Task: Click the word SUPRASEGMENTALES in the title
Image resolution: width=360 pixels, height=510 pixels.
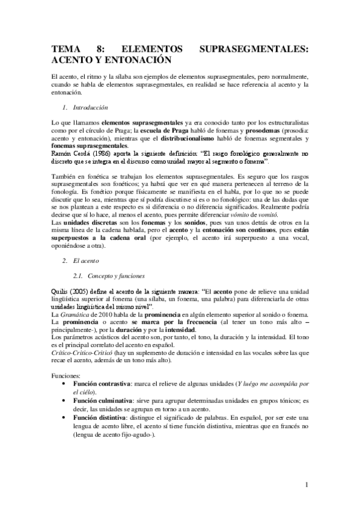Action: tap(254, 50)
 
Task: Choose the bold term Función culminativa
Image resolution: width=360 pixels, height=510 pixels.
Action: tap(103, 400)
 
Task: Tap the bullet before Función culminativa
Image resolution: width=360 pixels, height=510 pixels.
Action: tap(65, 400)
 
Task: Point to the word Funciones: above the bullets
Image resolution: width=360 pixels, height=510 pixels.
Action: tap(66, 375)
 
